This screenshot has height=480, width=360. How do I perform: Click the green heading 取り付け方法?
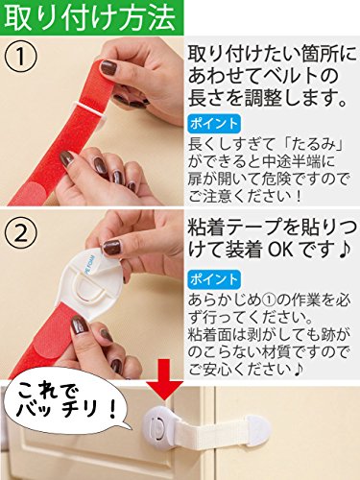click(x=90, y=17)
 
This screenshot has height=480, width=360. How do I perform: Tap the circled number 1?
click(x=21, y=57)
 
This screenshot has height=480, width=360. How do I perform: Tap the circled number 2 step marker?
click(x=21, y=234)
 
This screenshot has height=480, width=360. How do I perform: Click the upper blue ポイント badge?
click(x=214, y=124)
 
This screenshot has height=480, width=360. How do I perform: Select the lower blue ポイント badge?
click(x=214, y=279)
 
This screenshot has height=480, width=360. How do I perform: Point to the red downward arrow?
click(x=164, y=379)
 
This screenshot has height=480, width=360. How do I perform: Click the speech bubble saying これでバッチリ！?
click(x=65, y=404)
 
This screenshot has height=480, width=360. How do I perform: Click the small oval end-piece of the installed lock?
click(x=257, y=427)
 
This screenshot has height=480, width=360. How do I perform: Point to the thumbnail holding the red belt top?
click(x=108, y=67)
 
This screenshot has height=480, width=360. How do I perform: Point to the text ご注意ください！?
click(x=245, y=196)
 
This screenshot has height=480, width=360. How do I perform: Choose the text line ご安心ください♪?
click(x=246, y=370)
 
